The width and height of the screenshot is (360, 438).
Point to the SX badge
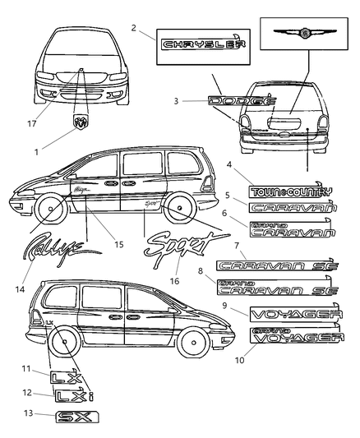tap(72, 417)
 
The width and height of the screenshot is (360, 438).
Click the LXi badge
tap(75, 397)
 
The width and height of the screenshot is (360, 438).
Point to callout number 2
tap(132, 28)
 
